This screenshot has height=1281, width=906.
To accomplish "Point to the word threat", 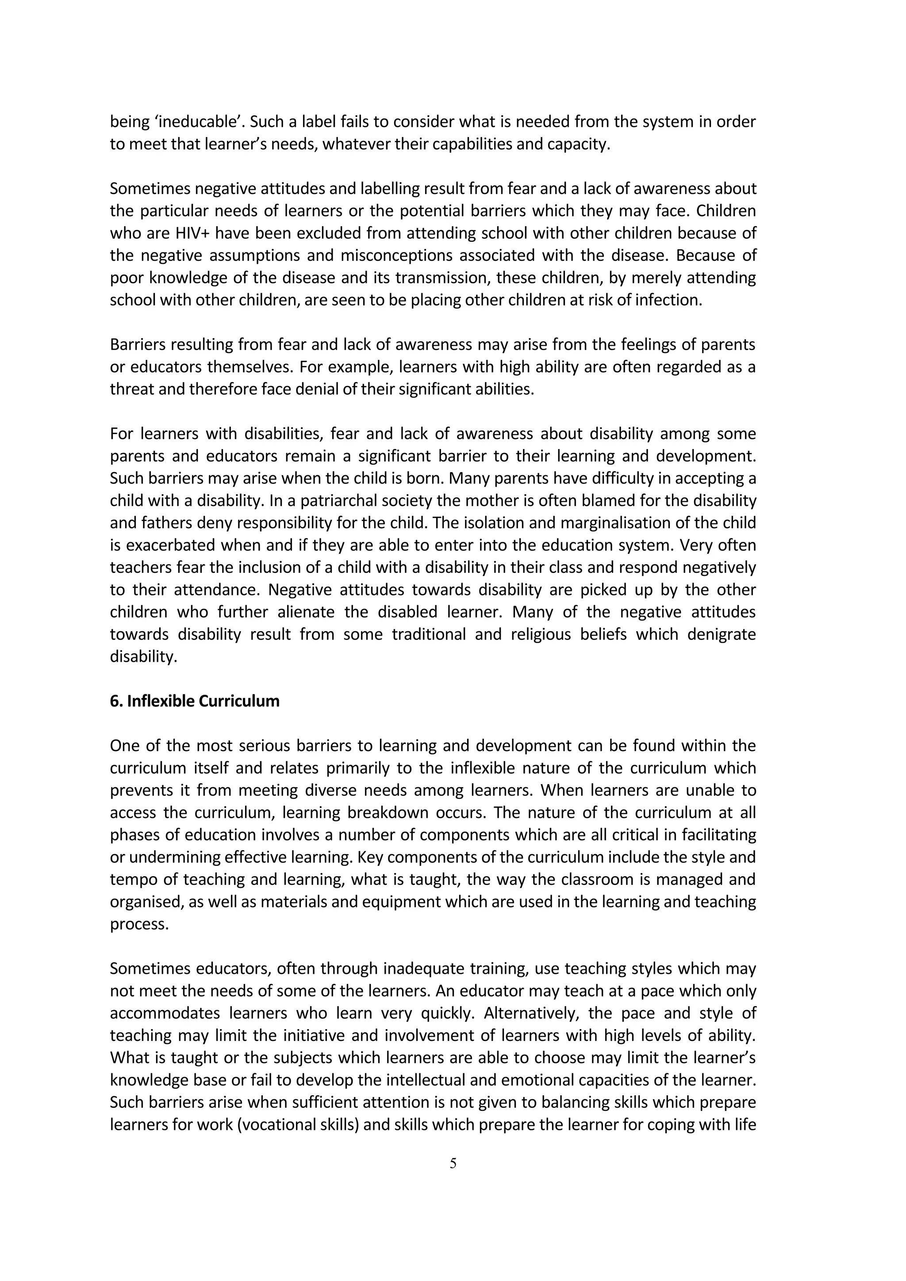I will (x=132, y=389).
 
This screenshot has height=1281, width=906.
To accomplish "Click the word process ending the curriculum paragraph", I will (x=139, y=924).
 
